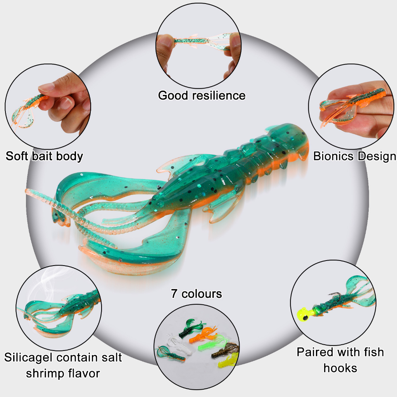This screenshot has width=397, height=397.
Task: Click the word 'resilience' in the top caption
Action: coord(219,96)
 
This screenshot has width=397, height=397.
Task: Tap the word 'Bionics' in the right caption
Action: coord(333,156)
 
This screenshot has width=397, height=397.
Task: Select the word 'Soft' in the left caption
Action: coord(17,156)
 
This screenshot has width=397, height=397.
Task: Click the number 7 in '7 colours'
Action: coord(174,294)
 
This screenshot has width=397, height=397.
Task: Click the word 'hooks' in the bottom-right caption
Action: coord(340,368)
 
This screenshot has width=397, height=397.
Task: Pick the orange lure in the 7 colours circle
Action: coord(202,334)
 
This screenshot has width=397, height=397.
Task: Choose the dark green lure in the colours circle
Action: coord(191,328)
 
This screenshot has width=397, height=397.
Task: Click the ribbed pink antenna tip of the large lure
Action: coord(28,191)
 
